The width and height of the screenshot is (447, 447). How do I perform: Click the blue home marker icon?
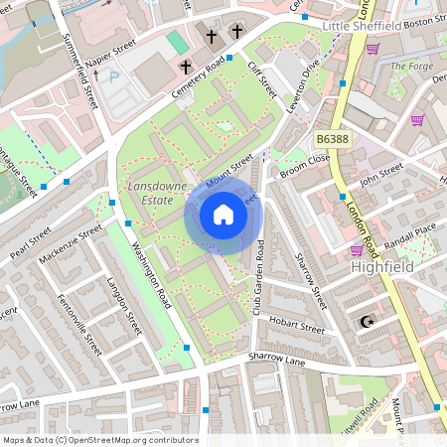click(223, 215)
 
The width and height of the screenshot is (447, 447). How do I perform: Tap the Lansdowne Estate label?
click(151, 193)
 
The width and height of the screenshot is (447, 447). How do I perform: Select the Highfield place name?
click(382, 267)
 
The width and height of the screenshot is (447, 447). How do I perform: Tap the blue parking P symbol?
click(113, 74)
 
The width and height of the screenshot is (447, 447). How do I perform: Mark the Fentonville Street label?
click(79, 325)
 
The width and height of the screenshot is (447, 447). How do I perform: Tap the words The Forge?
click(411, 67)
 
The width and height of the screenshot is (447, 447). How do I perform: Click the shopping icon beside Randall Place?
click(357, 249)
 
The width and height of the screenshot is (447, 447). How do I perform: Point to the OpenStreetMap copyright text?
click(99, 439)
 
